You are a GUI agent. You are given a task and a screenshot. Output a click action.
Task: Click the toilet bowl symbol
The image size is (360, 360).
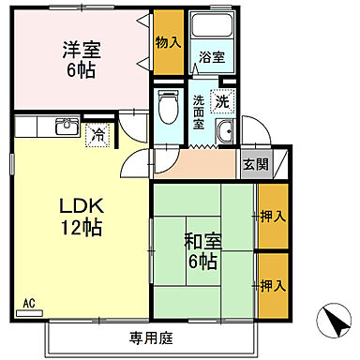[169, 107]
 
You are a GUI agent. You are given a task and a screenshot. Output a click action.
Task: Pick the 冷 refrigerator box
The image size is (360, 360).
[97, 134]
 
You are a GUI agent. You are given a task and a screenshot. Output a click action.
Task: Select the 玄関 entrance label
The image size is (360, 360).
[254, 164]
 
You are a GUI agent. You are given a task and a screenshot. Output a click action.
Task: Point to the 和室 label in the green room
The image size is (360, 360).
[201, 239]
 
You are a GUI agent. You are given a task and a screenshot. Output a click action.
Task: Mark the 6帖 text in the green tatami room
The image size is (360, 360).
[201, 262]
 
